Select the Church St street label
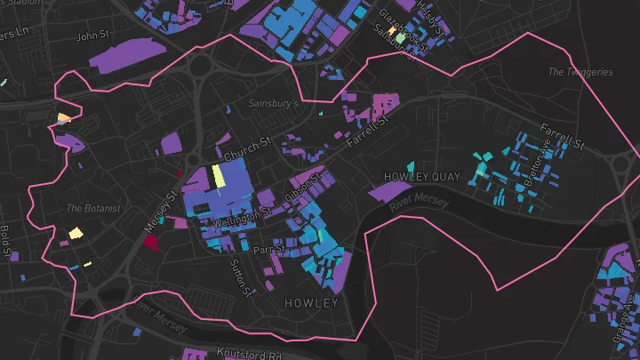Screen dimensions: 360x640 coord(247,149)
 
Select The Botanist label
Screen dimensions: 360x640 coord(86,208)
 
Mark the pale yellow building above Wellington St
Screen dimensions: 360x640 coord(218,177)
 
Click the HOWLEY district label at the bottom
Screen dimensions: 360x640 coord(311,303)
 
